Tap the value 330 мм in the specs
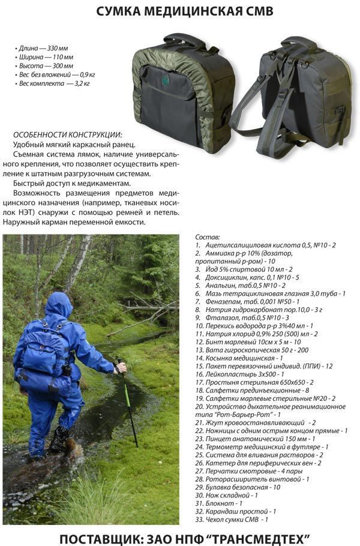[x=58, y=49]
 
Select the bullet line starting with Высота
[x=44, y=66]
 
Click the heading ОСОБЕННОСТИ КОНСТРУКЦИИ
[x=68, y=135]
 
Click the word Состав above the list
[x=208, y=237]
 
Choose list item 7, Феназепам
[x=247, y=302]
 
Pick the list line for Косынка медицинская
[x=239, y=358]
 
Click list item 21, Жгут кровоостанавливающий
[x=256, y=423]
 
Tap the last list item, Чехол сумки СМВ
[x=232, y=520]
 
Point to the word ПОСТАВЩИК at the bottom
[x=99, y=538]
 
